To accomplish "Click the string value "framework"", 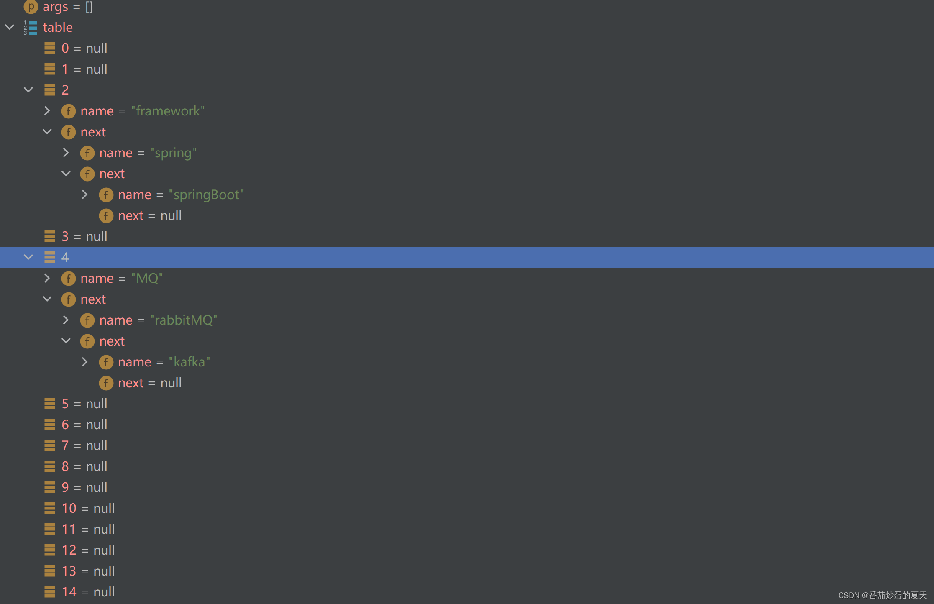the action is tap(168, 111).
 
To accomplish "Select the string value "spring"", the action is tap(173, 153).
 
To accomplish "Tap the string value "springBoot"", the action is tap(206, 195).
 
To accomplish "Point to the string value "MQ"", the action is tap(147, 278).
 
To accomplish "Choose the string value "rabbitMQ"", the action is tap(183, 320).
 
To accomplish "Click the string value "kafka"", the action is tap(189, 362).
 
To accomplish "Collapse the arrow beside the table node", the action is tap(10, 27).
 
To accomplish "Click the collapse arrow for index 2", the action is tap(28, 90).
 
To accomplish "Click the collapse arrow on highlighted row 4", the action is tap(28, 257).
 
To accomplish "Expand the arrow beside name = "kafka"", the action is tap(84, 362).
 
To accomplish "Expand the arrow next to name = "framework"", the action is tap(47, 111).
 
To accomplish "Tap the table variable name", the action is tap(58, 27).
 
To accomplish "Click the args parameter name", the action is tap(55, 6).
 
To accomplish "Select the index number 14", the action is tap(69, 592).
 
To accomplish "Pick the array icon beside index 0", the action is tap(50, 48).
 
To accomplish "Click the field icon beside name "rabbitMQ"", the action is tap(87, 320).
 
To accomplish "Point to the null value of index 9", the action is tap(97, 487).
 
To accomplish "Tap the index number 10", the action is tap(69, 508).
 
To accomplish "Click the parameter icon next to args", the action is tap(31, 6).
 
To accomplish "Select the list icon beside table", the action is tap(31, 28).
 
